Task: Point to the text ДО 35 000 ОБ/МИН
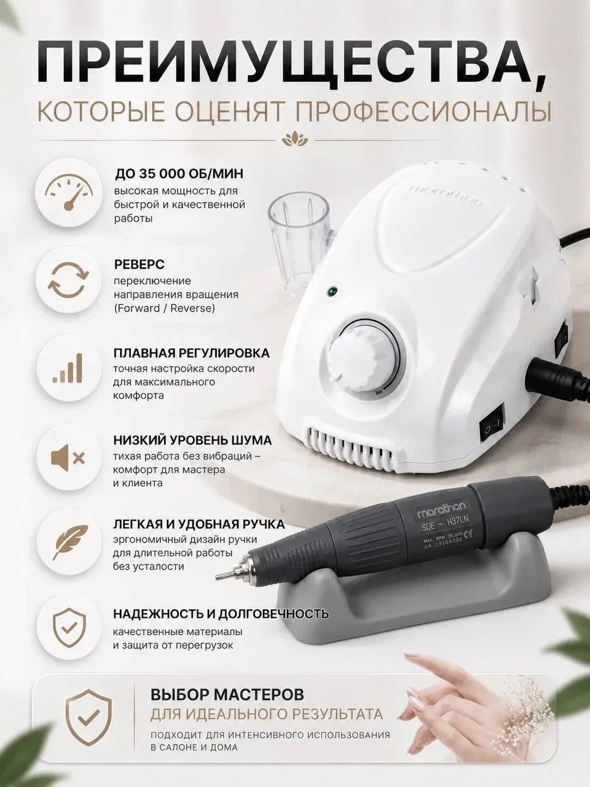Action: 179,173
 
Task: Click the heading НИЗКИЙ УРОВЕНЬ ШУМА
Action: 192,440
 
